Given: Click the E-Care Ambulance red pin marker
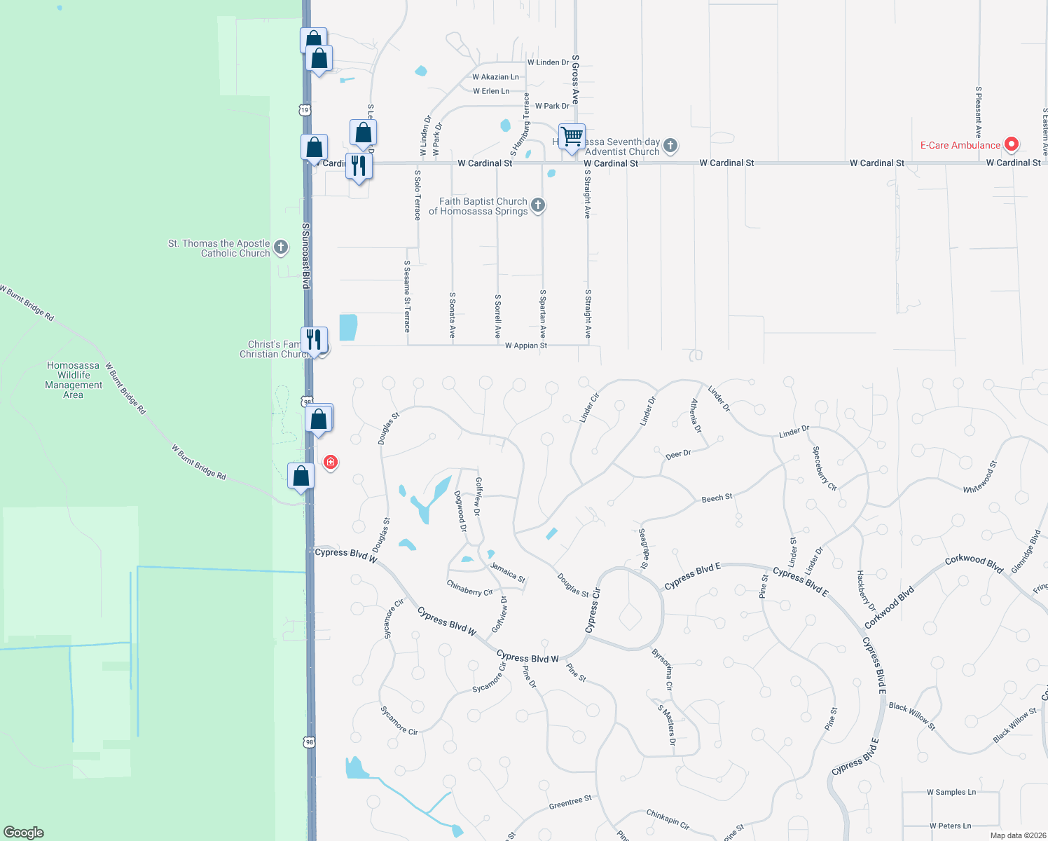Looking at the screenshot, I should (x=1011, y=144).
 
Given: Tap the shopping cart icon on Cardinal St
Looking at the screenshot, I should (x=572, y=135).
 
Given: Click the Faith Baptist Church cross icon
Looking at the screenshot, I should (x=538, y=205).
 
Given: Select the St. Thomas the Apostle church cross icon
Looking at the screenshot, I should (x=281, y=247).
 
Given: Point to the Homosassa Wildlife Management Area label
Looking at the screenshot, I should (x=74, y=380).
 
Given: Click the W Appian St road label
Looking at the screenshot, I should (x=525, y=346).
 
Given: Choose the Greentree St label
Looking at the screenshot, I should (x=570, y=802).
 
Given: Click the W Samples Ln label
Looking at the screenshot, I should (x=951, y=792).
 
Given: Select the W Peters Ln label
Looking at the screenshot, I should (x=950, y=826).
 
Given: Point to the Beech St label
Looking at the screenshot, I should (x=717, y=498).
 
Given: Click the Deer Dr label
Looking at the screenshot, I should (x=678, y=455).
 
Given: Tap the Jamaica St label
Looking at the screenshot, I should (x=508, y=572).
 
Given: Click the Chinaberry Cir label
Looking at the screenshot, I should (x=469, y=588).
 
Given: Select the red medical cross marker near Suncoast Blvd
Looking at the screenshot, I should (x=331, y=462).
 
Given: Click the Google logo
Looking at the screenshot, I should (x=24, y=832).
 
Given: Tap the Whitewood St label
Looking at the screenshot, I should (x=979, y=477).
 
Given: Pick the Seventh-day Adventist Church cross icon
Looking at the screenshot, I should (x=670, y=146).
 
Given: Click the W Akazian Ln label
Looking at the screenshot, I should (x=495, y=77).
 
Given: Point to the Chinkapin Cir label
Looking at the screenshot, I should (x=668, y=819).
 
